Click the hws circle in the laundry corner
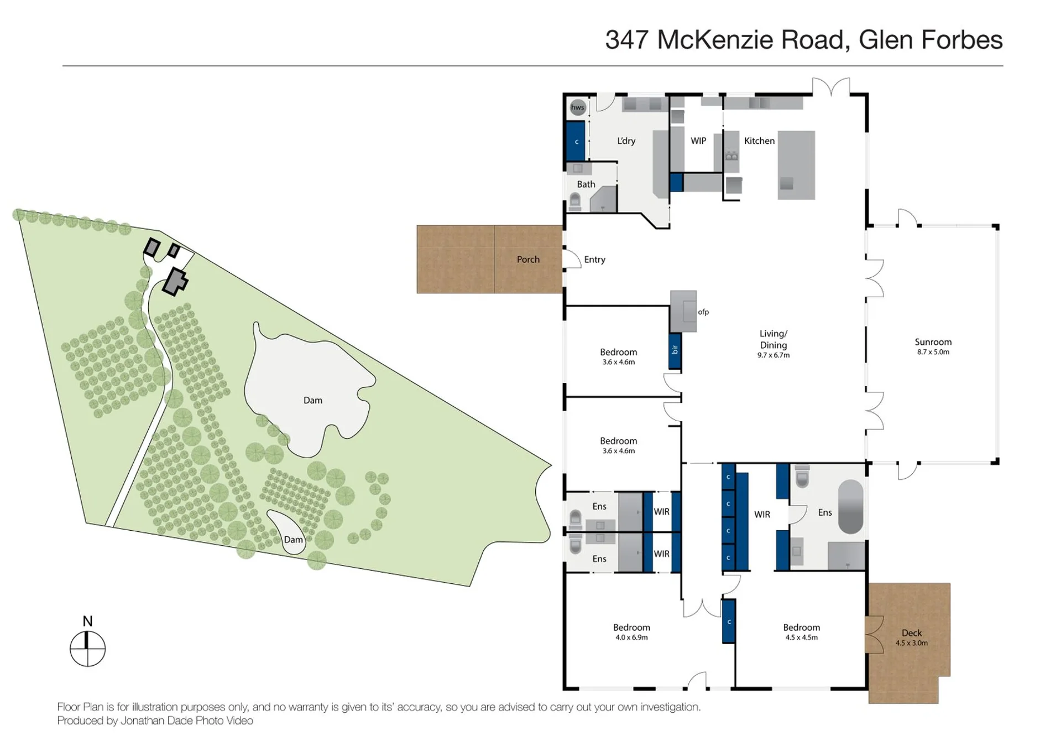pyautogui.click(x=577, y=107)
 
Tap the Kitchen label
pyautogui.click(x=759, y=141)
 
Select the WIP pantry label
pyautogui.click(x=698, y=141)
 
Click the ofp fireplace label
pyautogui.click(x=703, y=312)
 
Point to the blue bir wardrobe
pyautogui.click(x=675, y=351)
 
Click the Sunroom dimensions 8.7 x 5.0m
pyautogui.click(x=933, y=352)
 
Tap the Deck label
pyautogui.click(x=912, y=633)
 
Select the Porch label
pyautogui.click(x=528, y=260)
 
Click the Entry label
pyautogui.click(x=595, y=260)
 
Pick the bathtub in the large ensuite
pyautogui.click(x=851, y=506)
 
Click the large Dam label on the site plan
pyautogui.click(x=313, y=400)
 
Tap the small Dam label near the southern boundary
pyautogui.click(x=294, y=540)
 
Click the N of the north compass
pyautogui.click(x=87, y=621)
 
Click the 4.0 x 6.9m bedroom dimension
pyautogui.click(x=631, y=638)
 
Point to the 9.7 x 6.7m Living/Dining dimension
pyautogui.click(x=773, y=355)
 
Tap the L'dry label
pyautogui.click(x=626, y=141)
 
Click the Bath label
pyautogui.click(x=586, y=184)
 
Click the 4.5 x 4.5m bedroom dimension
pyautogui.click(x=802, y=638)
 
